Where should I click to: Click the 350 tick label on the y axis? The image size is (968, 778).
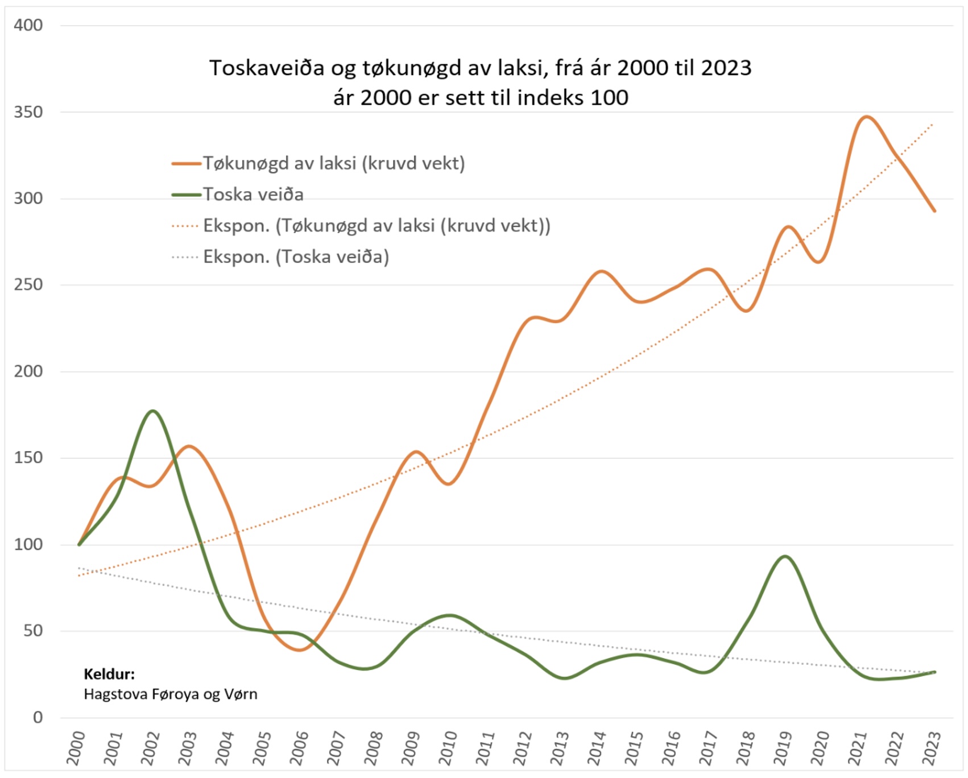(x=28, y=112)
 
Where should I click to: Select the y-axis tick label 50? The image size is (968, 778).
(x=33, y=631)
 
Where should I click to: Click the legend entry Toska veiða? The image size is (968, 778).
(x=253, y=194)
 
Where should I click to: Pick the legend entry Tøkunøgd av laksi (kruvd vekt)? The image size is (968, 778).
(x=334, y=163)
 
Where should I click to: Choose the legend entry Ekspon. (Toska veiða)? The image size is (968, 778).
(x=296, y=257)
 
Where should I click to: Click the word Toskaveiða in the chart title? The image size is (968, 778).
(x=267, y=68)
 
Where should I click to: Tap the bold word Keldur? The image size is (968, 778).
(x=109, y=674)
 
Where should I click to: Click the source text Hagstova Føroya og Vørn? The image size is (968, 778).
(x=171, y=694)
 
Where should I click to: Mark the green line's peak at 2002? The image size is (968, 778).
(x=152, y=411)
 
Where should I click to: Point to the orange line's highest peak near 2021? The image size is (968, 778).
(x=866, y=117)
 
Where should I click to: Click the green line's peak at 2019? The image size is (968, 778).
(x=785, y=556)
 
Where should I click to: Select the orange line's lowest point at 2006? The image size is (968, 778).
(x=300, y=650)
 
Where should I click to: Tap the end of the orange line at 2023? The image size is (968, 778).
(x=934, y=211)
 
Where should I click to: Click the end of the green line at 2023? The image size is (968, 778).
(x=934, y=672)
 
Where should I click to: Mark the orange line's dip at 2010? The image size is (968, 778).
(x=449, y=484)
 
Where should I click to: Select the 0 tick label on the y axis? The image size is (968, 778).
(x=38, y=718)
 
